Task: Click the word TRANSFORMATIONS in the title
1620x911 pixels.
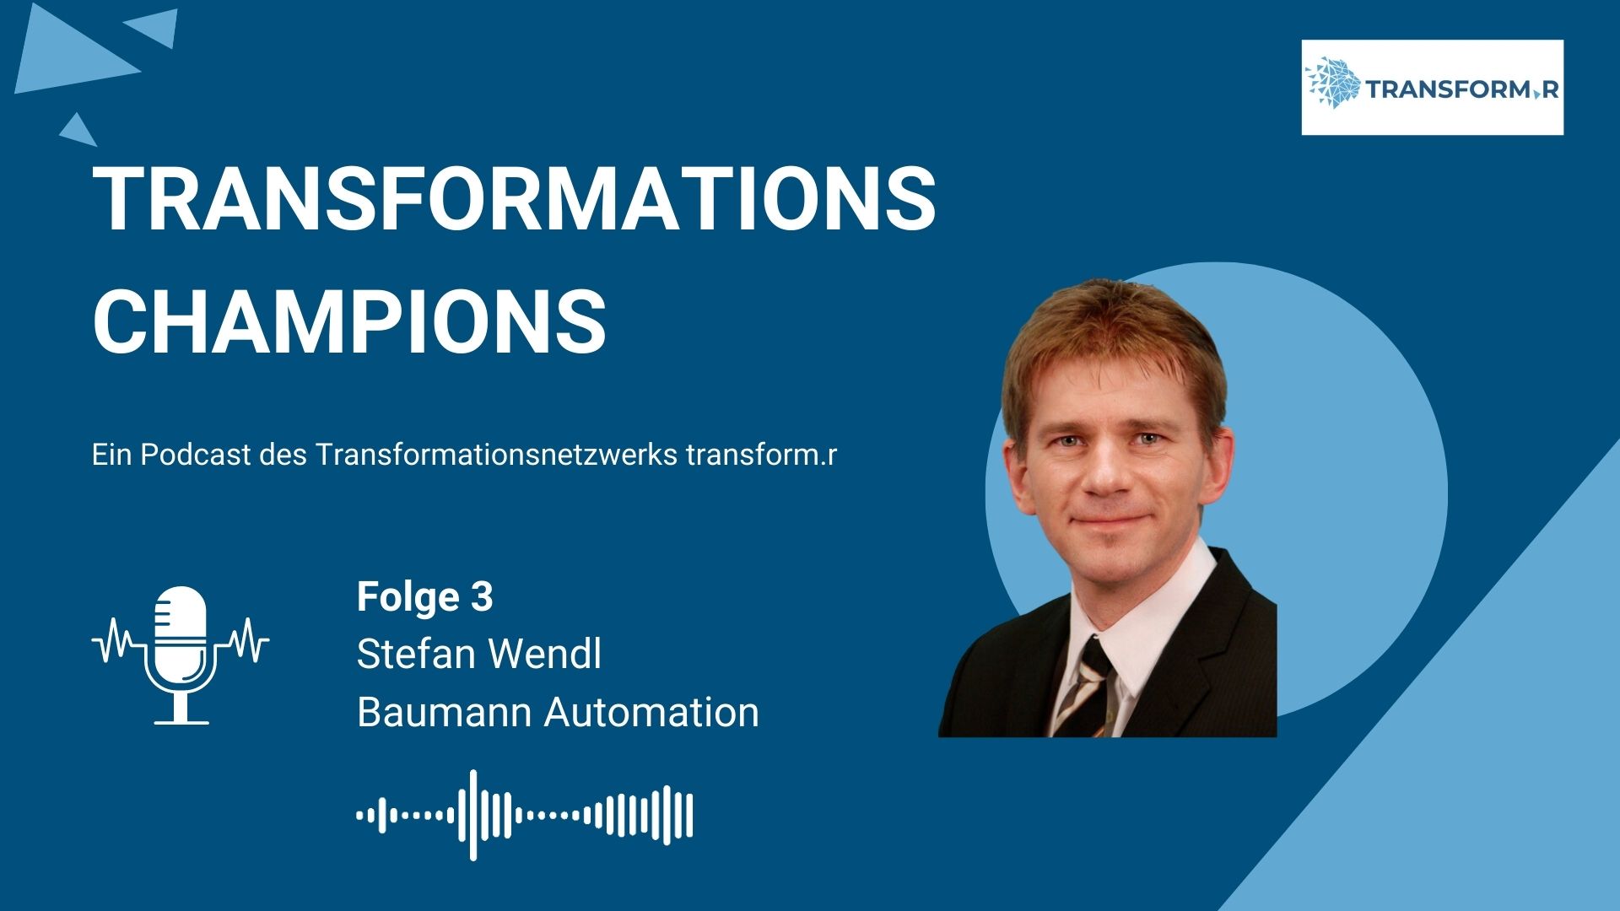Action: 514,197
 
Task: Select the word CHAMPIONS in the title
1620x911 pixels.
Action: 349,321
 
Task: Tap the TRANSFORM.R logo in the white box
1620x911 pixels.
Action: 1432,87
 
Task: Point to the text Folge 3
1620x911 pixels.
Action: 424,597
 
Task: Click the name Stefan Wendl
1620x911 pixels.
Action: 478,654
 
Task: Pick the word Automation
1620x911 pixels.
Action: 651,712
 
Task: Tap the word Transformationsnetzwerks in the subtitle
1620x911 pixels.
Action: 497,455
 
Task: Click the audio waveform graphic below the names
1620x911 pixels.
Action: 525,815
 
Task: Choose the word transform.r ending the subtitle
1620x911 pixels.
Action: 761,455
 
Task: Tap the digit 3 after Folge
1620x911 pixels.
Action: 481,597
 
